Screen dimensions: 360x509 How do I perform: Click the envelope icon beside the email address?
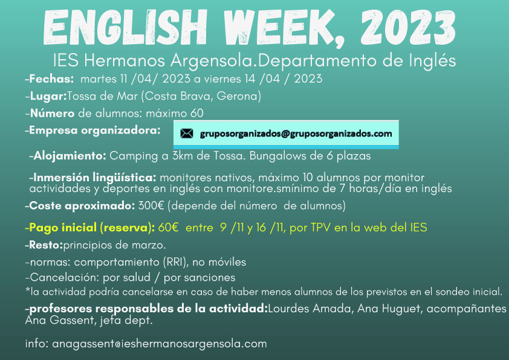[187, 133]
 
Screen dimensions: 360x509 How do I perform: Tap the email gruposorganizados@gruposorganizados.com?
[296, 133]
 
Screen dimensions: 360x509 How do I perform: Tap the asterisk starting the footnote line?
[28, 291]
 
